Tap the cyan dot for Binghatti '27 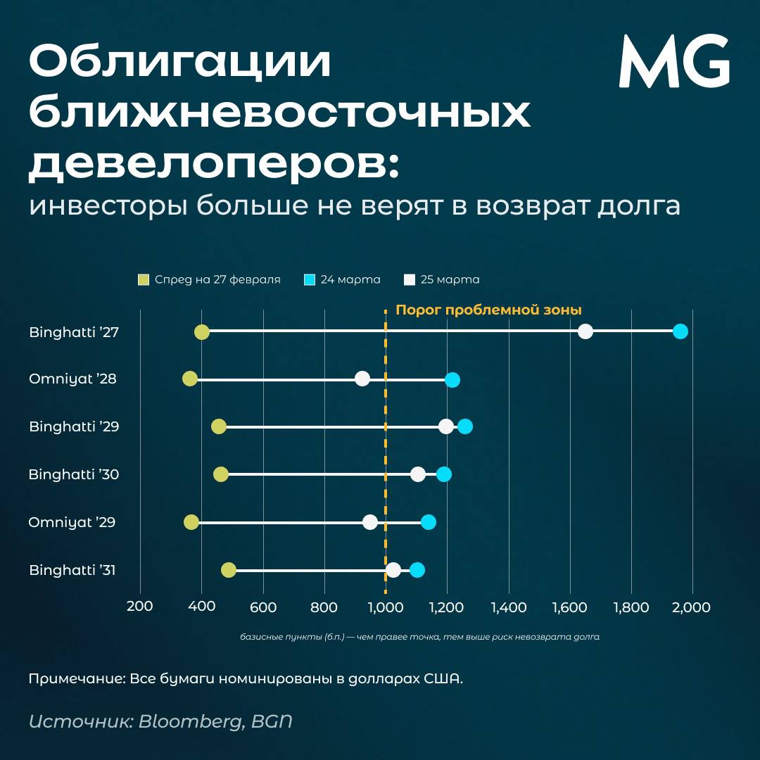click(x=680, y=331)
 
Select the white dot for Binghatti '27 click(x=585, y=331)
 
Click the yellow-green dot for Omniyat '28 click(x=190, y=379)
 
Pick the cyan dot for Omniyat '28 click(x=452, y=380)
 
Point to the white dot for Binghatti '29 click(x=445, y=426)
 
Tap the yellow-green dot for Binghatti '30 click(x=221, y=474)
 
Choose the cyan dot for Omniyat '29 click(x=428, y=522)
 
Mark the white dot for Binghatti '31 click(x=393, y=570)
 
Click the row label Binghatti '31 click(x=72, y=570)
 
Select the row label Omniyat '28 click(x=72, y=379)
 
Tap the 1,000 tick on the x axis click(x=385, y=607)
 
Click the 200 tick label click(x=140, y=607)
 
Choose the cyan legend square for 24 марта click(x=309, y=279)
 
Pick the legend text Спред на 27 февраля click(x=217, y=279)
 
